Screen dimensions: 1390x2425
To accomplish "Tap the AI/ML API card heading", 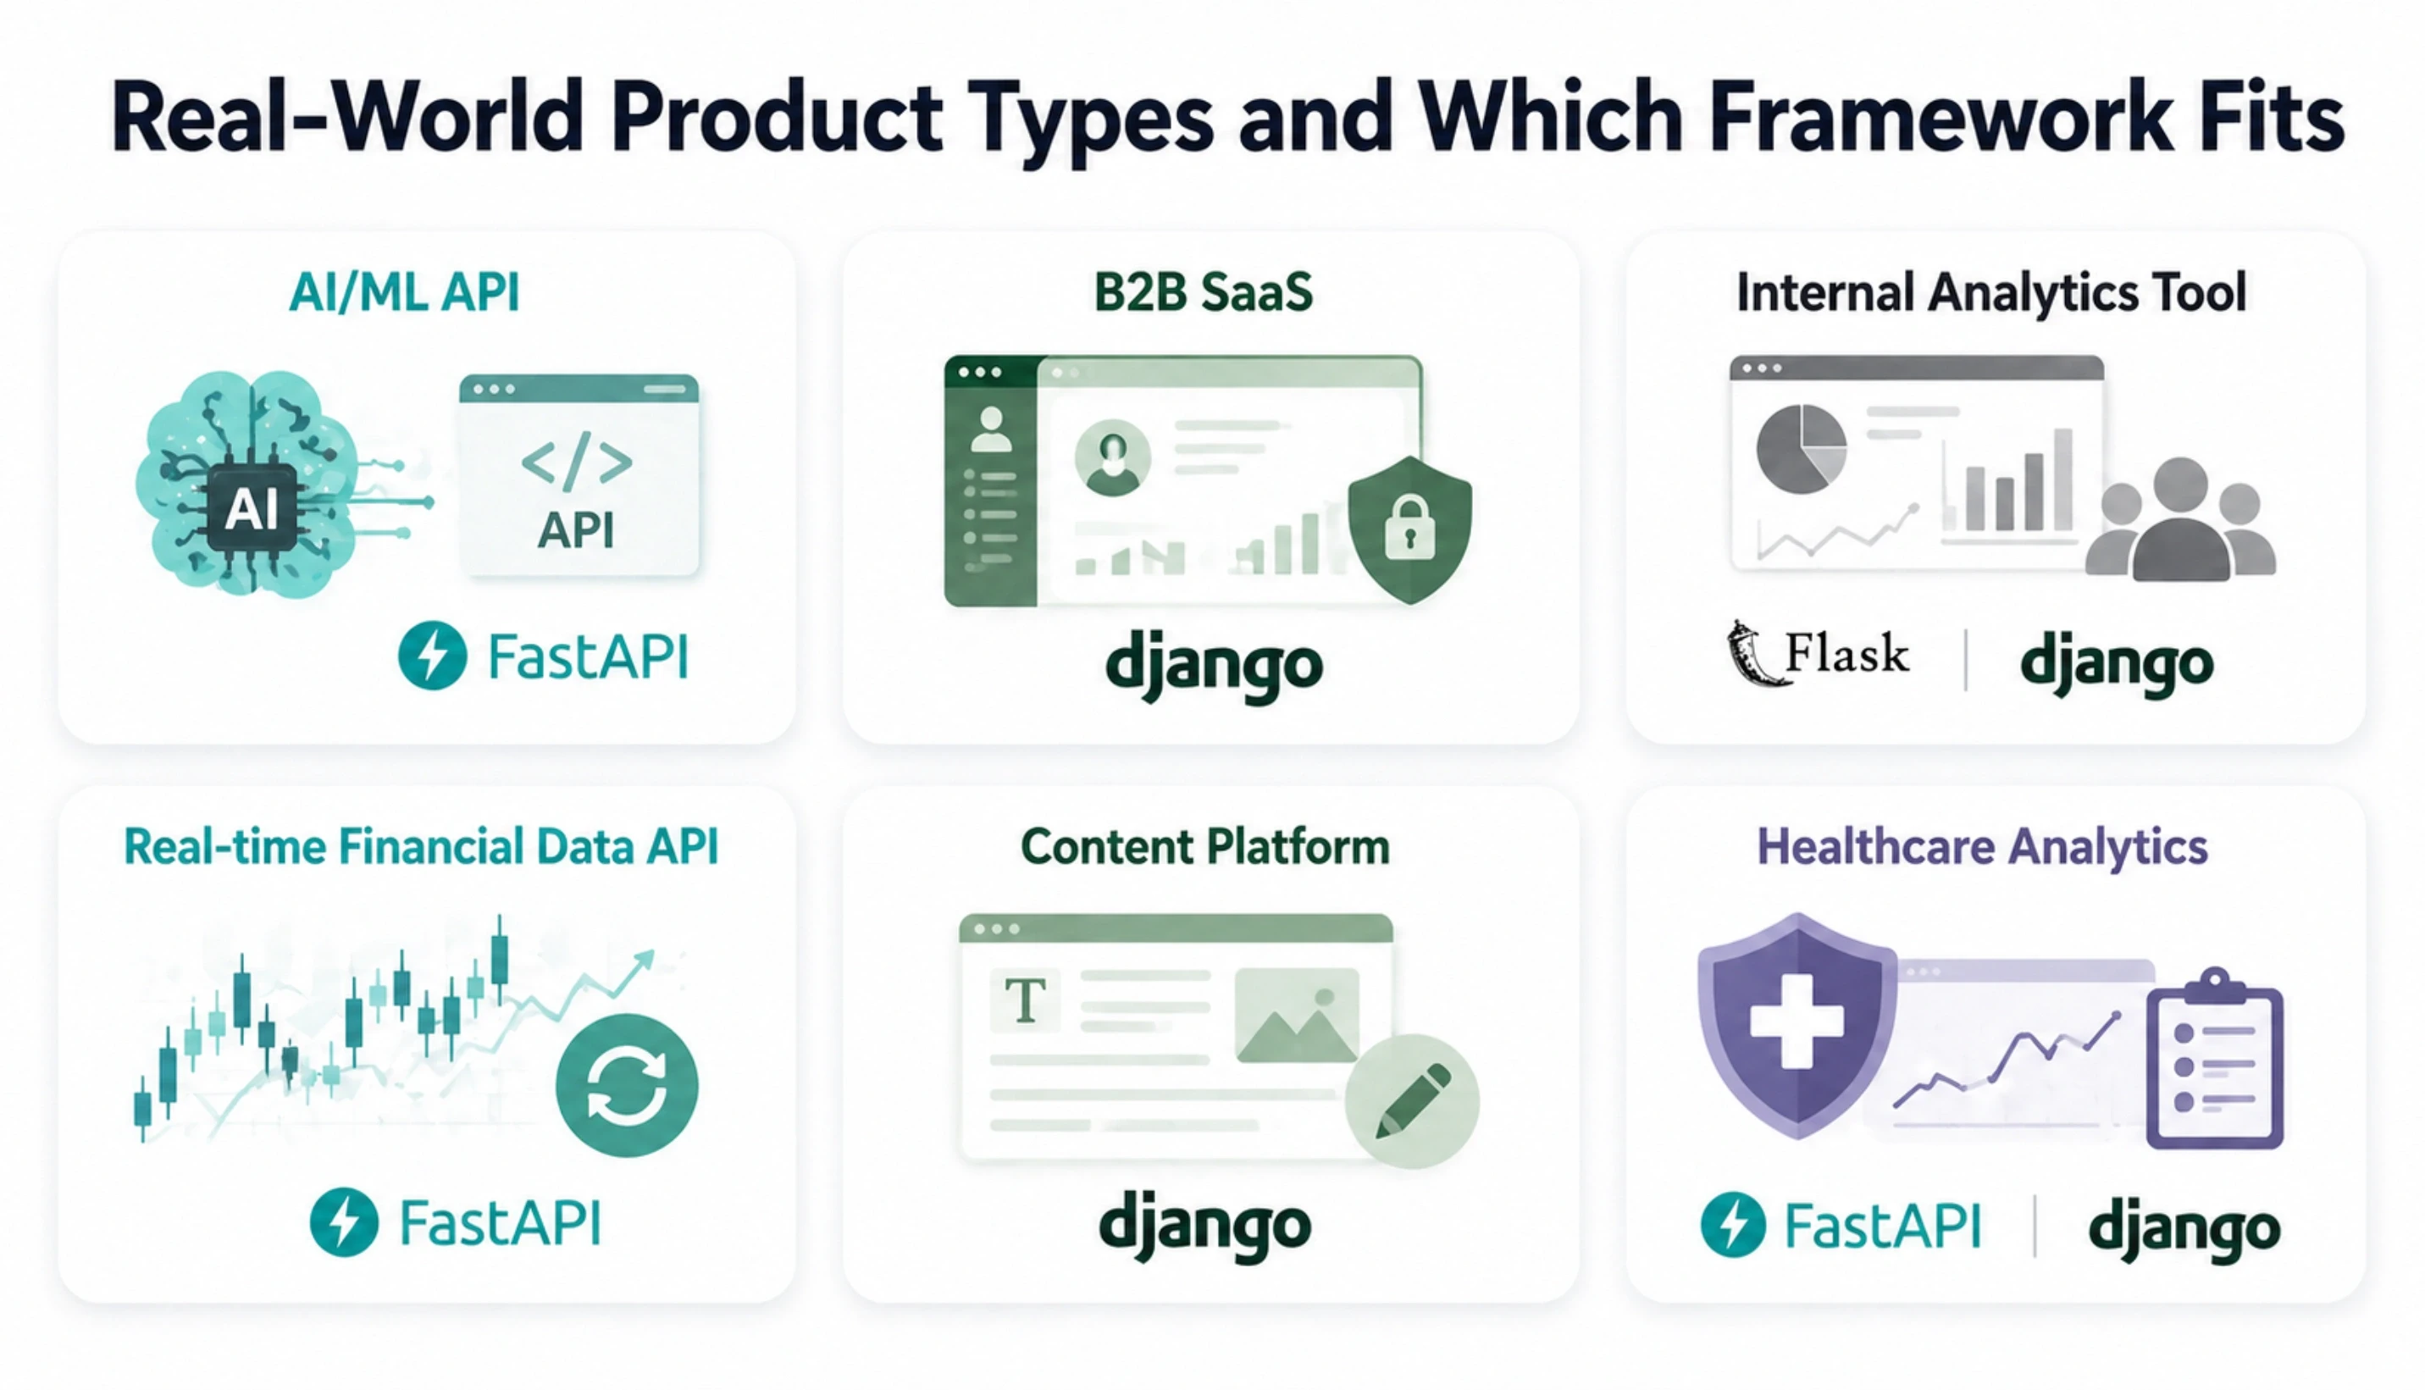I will click(x=404, y=292).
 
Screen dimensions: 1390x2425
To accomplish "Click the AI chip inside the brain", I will click(x=251, y=510).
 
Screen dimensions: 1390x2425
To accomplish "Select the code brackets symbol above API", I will click(x=577, y=462).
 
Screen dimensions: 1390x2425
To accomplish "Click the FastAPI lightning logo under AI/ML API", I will click(x=432, y=656).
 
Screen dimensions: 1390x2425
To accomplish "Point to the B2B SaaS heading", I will click(x=1203, y=292).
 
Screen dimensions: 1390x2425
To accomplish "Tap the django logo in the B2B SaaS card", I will click(x=1214, y=666).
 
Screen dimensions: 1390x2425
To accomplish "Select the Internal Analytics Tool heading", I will click(x=1990, y=292).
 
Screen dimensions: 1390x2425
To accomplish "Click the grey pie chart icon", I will click(x=1801, y=449).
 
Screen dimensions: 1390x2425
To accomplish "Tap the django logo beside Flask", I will click(x=2117, y=663).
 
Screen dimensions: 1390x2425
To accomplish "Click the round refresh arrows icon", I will click(x=626, y=1085).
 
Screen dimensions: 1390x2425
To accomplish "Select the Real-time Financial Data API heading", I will click(x=421, y=847).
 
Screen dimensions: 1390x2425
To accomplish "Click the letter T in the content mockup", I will click(x=1026, y=1000).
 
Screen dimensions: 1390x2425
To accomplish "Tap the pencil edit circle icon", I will click(x=1411, y=1102).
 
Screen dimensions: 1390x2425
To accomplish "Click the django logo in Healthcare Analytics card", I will click(x=2184, y=1229).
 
